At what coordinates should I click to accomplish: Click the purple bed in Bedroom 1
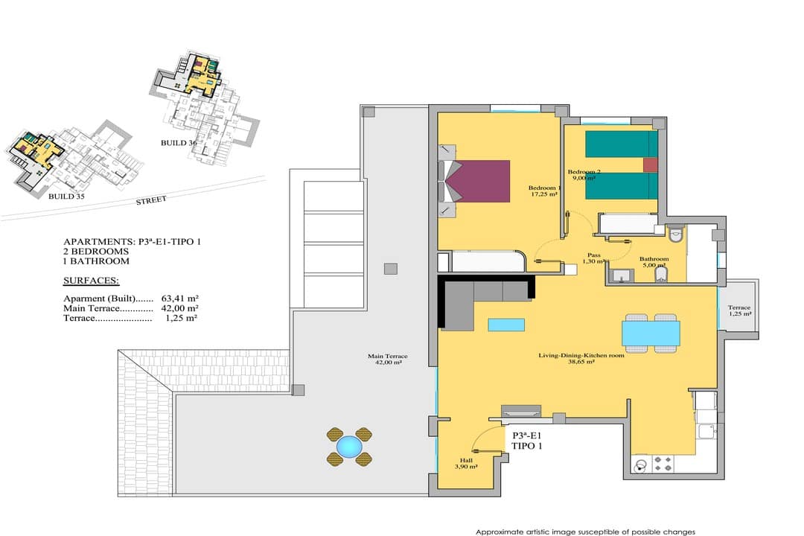(x=480, y=181)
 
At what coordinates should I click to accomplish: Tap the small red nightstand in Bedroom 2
(x=650, y=165)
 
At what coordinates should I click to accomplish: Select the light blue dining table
(x=651, y=333)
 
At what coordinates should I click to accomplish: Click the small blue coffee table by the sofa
(x=506, y=325)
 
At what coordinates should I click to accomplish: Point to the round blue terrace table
(x=349, y=447)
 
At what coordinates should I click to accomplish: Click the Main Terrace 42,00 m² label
(x=388, y=359)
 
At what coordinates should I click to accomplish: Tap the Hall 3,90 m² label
(x=466, y=464)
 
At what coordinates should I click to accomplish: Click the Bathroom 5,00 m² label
(x=654, y=262)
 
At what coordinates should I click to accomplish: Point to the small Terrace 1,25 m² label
(x=739, y=310)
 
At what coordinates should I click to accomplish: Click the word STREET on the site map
(x=151, y=200)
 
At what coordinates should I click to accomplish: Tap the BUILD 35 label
(x=67, y=197)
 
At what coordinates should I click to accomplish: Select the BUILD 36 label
(x=179, y=143)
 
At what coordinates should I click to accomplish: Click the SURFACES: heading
(x=92, y=281)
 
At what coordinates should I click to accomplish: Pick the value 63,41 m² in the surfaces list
(x=180, y=298)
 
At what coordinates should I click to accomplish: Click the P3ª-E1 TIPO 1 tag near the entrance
(x=527, y=441)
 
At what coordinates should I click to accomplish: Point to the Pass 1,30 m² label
(x=594, y=258)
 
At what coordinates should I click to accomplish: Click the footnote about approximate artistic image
(x=585, y=532)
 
